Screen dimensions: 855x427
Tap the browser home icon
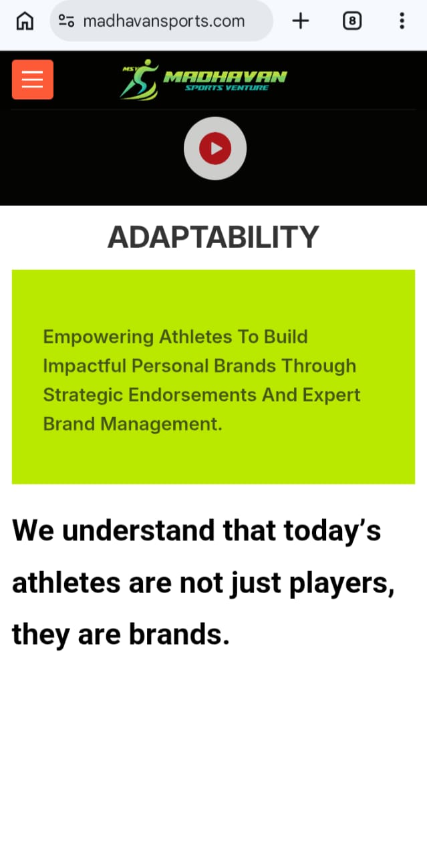pyautogui.click(x=25, y=21)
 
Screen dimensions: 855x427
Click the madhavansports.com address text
pyautogui.click(x=164, y=21)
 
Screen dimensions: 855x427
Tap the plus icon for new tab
pyautogui.click(x=301, y=21)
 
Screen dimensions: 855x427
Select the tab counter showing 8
pyautogui.click(x=351, y=21)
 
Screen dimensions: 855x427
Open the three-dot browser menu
pyautogui.click(x=402, y=21)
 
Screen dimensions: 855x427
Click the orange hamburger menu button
pyautogui.click(x=32, y=79)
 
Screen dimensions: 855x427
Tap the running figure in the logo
pyautogui.click(x=140, y=79)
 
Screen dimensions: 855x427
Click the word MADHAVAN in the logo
pyautogui.click(x=225, y=76)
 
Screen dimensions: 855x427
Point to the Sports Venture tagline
pyautogui.click(x=227, y=88)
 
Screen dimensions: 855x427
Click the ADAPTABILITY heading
pyautogui.click(x=213, y=237)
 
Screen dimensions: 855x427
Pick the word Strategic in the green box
pyautogui.click(x=83, y=395)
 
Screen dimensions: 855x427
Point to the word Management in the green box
pyautogui.click(x=161, y=424)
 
